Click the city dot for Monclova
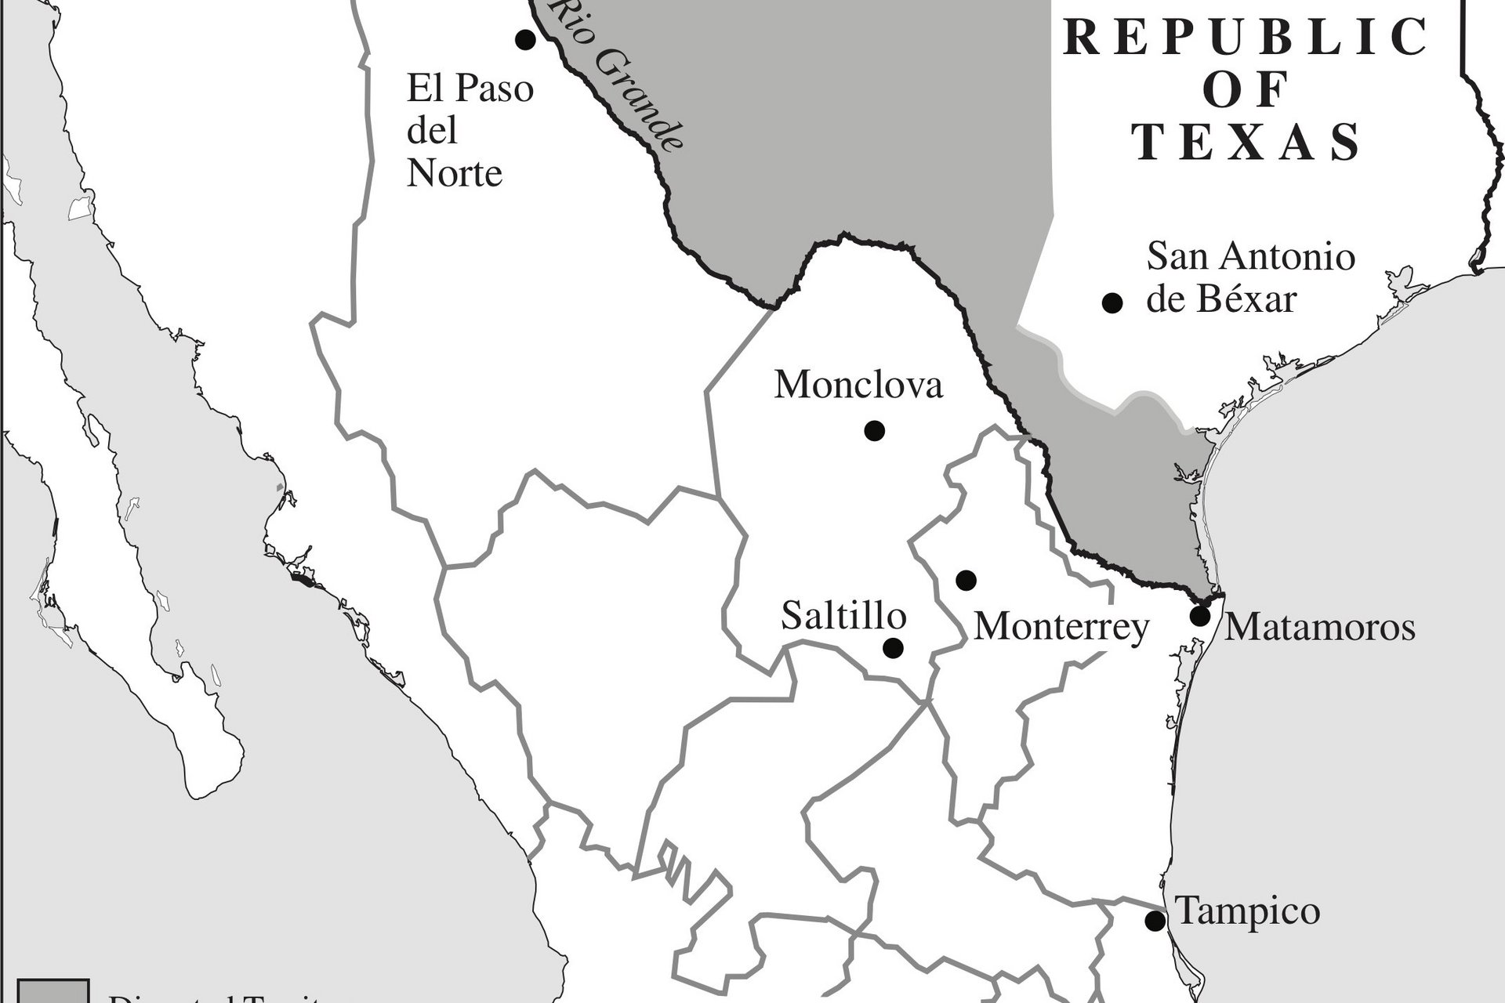pos(874,430)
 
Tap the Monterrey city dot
pos(966,580)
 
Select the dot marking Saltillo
pos(893,648)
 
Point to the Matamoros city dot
pos(1200,616)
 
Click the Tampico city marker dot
pos(1155,921)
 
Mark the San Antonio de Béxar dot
pos(1112,303)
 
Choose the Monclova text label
pos(858,386)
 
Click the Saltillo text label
pos(843,617)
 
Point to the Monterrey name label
pos(1061,627)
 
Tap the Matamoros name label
pos(1320,627)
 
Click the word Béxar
pos(1246,299)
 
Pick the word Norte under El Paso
pos(455,172)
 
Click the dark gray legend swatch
pos(53,991)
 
